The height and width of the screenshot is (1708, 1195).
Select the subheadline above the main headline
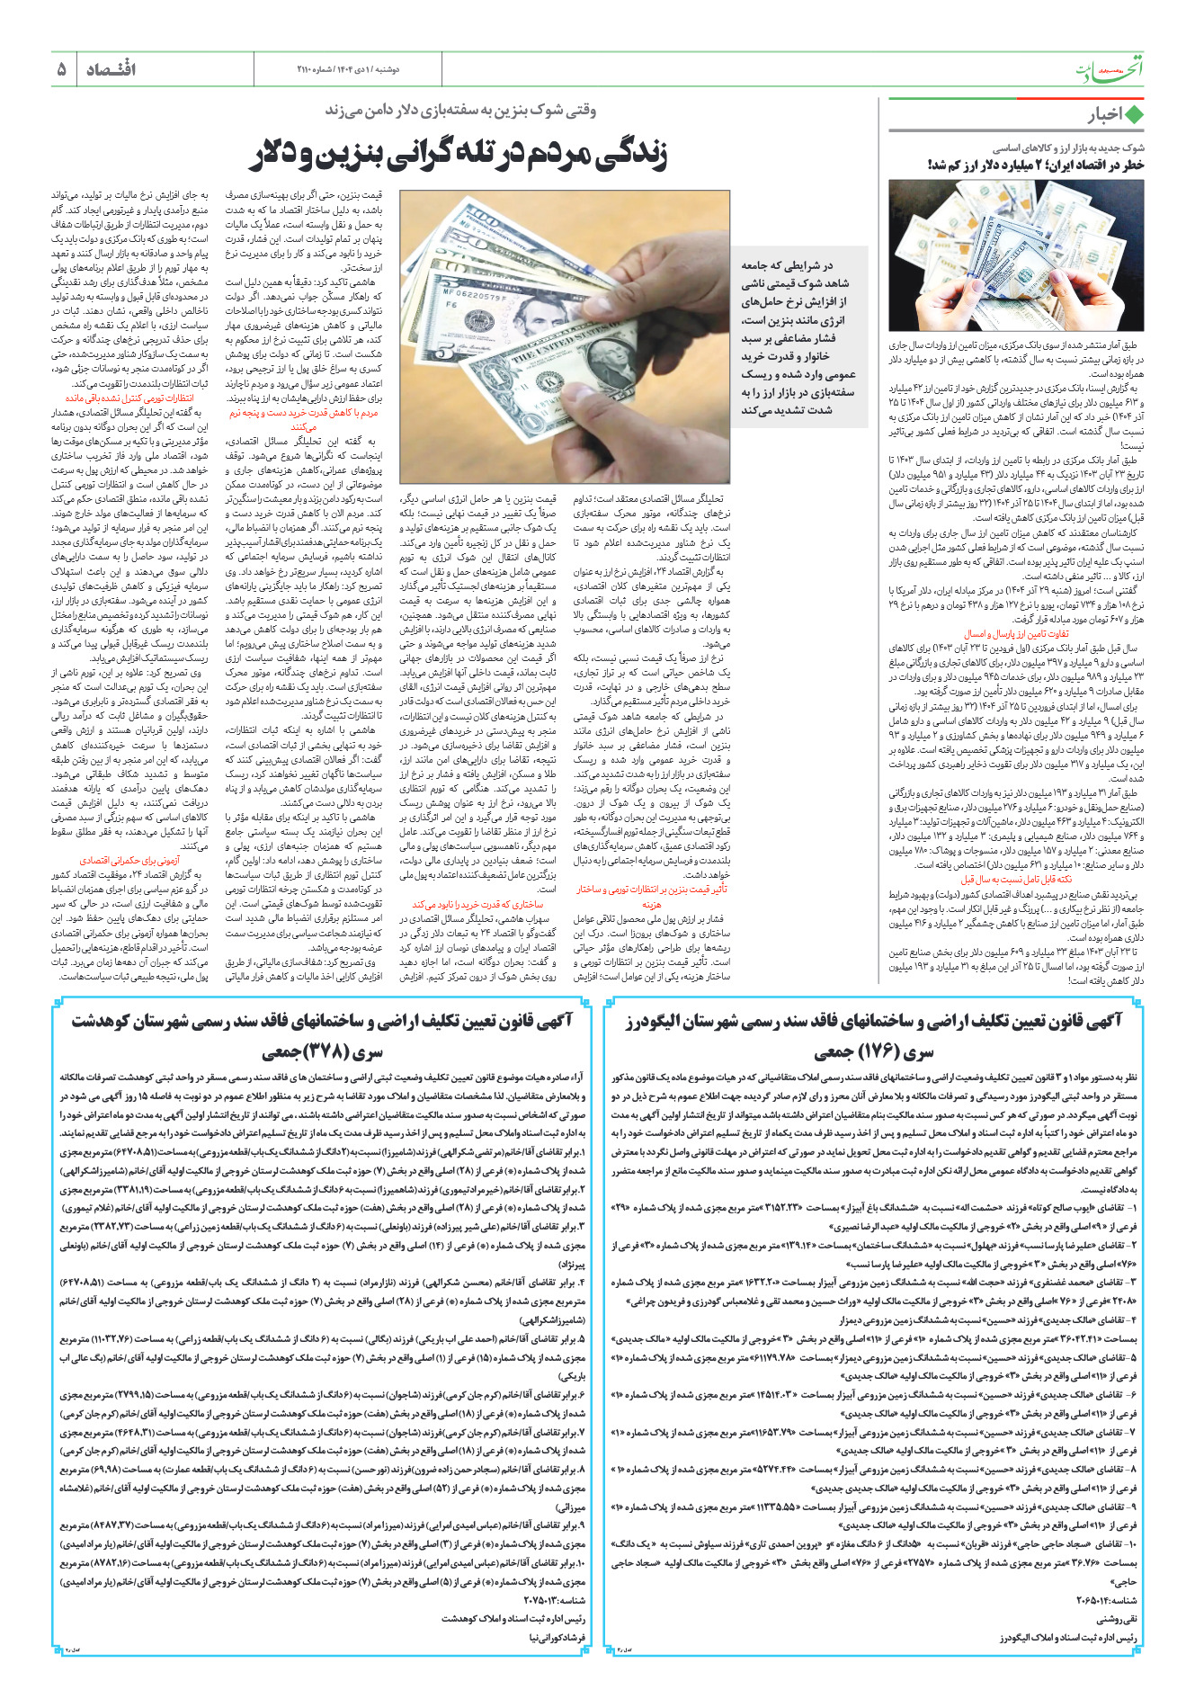click(x=460, y=111)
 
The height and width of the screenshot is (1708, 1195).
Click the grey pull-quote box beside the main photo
click(x=798, y=337)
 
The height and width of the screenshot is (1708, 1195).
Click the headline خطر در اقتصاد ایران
click(x=1035, y=165)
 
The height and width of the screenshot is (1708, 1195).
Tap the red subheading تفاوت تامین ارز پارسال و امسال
click(x=1016, y=634)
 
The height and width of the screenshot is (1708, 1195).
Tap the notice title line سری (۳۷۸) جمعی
click(x=322, y=1051)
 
